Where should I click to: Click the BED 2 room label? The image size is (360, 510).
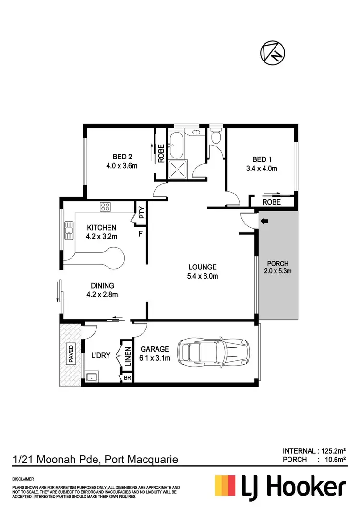[x=122, y=157]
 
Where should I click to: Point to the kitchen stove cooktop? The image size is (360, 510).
[x=105, y=207]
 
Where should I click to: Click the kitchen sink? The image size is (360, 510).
[x=70, y=230]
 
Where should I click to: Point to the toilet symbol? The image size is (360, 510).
[x=216, y=136]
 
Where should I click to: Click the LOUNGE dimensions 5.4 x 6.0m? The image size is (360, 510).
[x=202, y=276]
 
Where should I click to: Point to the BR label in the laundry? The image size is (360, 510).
[x=127, y=378]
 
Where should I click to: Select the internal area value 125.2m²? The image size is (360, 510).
[x=332, y=450]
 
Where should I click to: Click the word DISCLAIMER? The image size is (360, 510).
[x=23, y=479]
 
